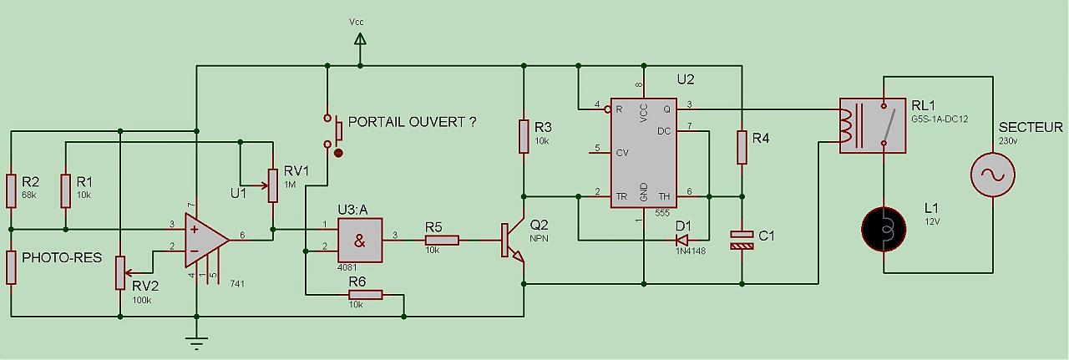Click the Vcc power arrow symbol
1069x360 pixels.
pyautogui.click(x=360, y=39)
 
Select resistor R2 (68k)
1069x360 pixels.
pyautogui.click(x=12, y=190)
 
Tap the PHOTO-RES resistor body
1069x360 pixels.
pyautogui.click(x=12, y=266)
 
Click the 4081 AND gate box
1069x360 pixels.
pyautogui.click(x=359, y=240)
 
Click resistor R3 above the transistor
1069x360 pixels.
pyautogui.click(x=524, y=136)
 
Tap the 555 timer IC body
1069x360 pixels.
pyautogui.click(x=644, y=152)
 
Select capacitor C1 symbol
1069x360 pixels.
pyautogui.click(x=741, y=241)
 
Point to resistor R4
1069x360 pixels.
pyautogui.click(x=741, y=147)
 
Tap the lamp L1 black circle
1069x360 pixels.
pyautogui.click(x=884, y=228)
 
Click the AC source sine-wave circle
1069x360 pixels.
pyautogui.click(x=993, y=175)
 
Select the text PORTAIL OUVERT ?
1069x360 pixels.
pyautogui.click(x=413, y=122)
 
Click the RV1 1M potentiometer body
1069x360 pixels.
pyautogui.click(x=272, y=185)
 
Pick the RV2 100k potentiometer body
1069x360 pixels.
pyautogui.click(x=121, y=272)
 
